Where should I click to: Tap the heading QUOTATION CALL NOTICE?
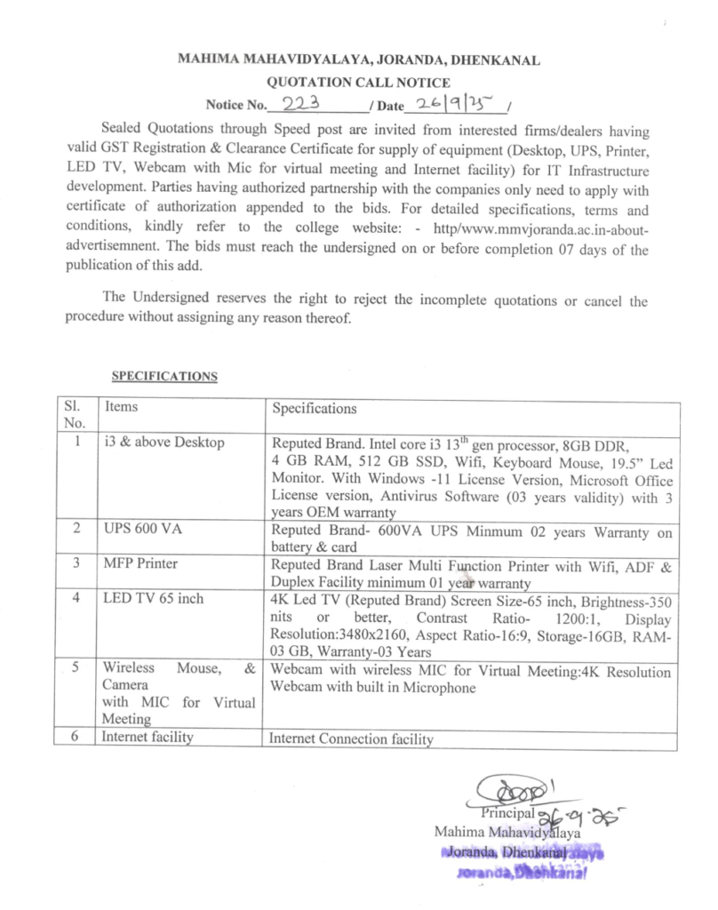coord(358,83)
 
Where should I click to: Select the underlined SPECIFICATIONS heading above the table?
coord(164,376)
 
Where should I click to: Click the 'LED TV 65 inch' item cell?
coord(152,598)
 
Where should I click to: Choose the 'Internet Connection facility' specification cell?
coord(351,738)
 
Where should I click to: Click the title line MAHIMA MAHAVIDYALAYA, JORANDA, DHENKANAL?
coord(359,61)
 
